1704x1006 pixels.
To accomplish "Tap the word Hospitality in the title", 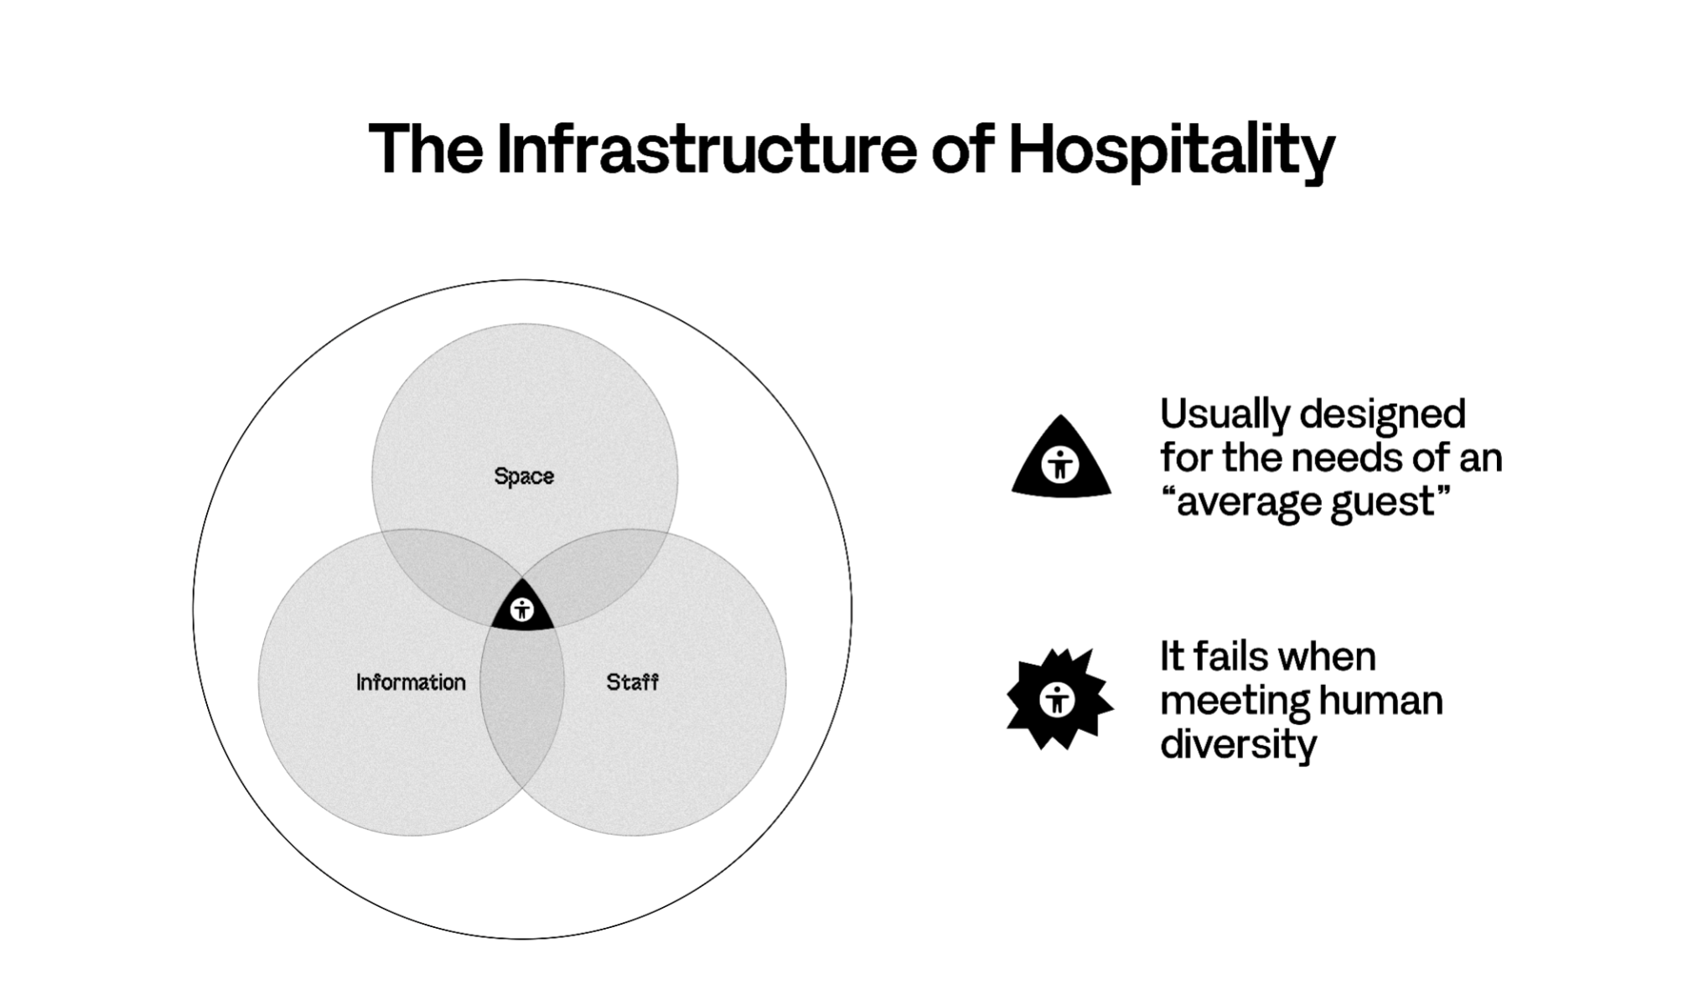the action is point(1172,152).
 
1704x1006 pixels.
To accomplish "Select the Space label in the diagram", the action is point(524,477).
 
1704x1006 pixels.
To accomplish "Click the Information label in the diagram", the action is point(411,682).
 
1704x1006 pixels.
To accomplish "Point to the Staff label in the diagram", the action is point(633,682).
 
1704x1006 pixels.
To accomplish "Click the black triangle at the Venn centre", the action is point(522,607).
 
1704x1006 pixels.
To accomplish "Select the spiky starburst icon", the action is point(1059,698).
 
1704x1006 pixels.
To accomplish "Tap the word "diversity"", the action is point(1238,745).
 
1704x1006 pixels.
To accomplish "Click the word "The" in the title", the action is point(426,149).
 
